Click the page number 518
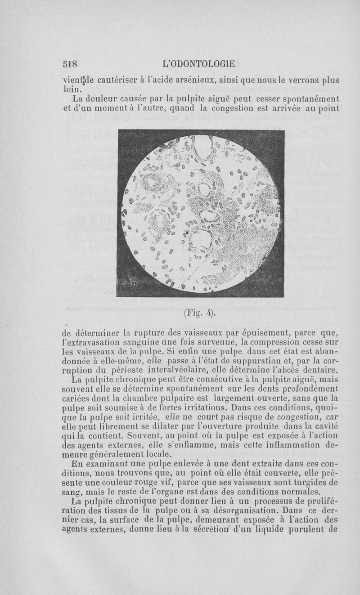pyautogui.click(x=71, y=63)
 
